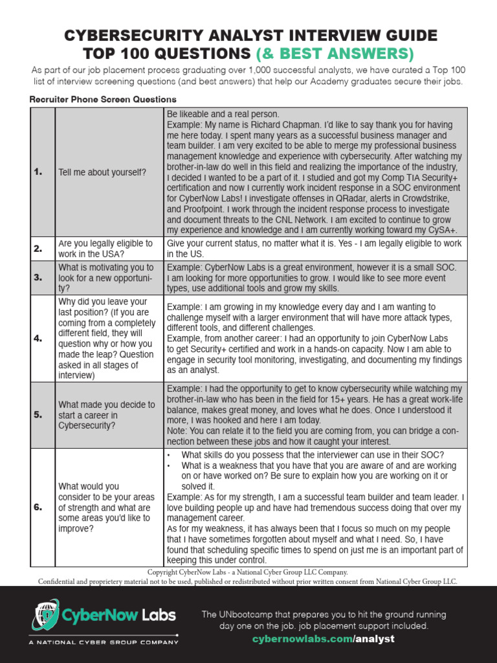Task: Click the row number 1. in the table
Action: tap(38, 172)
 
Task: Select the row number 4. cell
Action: tap(38, 338)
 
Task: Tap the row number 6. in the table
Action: tap(38, 507)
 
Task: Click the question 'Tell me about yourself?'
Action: tap(102, 172)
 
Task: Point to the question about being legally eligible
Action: tap(105, 249)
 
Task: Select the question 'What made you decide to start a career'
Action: tap(106, 415)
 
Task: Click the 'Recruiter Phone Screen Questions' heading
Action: tap(103, 99)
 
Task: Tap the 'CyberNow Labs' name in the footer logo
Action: tap(119, 614)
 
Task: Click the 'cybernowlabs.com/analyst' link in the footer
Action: tap(323, 638)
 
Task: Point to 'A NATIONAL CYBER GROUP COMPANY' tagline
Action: tap(104, 642)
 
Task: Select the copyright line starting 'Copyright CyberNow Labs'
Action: tap(248, 572)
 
